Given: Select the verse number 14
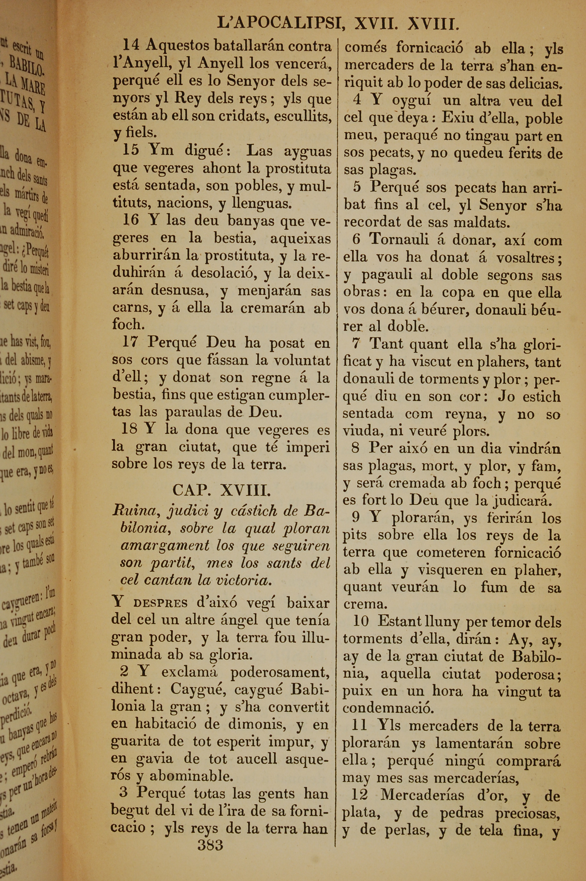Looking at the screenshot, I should tap(131, 46).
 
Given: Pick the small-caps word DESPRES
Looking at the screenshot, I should tap(161, 604).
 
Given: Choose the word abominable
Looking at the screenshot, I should tap(192, 776).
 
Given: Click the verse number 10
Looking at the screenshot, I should tap(361, 622).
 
